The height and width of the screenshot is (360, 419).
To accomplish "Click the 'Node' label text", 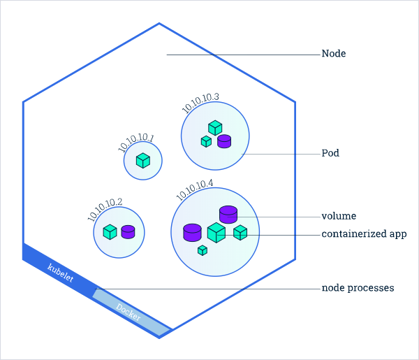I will [x=333, y=54].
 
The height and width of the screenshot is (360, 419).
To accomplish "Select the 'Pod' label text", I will [x=330, y=153].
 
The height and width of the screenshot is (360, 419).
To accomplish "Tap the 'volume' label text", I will [x=339, y=216].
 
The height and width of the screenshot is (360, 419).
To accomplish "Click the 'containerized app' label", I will [x=364, y=234].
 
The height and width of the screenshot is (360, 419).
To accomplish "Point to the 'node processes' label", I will [x=358, y=288].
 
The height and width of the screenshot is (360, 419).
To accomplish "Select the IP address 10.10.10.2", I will [x=105, y=209].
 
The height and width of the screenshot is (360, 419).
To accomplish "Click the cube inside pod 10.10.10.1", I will [x=143, y=161].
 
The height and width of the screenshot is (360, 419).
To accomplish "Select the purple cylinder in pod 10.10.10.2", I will [x=128, y=231].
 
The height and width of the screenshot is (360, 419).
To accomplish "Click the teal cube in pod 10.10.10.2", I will [x=110, y=231].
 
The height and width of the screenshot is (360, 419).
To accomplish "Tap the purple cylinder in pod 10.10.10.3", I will [x=224, y=141].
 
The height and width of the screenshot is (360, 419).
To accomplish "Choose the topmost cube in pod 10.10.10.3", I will [x=215, y=127].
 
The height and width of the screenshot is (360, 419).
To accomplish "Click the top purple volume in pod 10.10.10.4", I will [x=228, y=214].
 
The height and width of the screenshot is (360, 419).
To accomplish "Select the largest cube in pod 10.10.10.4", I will [x=216, y=233].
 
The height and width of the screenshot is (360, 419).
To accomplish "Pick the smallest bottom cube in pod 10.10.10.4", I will [x=203, y=250].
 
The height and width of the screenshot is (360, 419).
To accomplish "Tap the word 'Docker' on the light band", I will [x=128, y=312].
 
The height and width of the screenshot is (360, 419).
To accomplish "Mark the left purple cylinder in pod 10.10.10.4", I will [x=192, y=232].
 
